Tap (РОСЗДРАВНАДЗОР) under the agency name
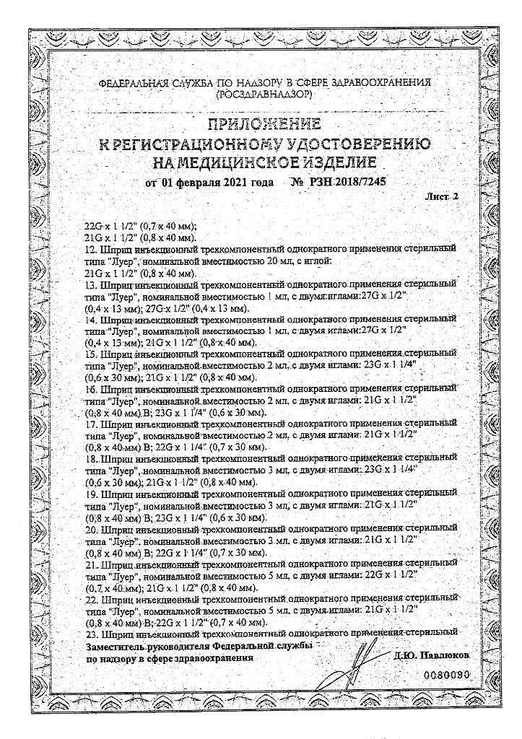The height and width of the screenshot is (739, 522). pos(264,95)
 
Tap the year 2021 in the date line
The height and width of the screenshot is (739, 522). pos(229,182)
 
